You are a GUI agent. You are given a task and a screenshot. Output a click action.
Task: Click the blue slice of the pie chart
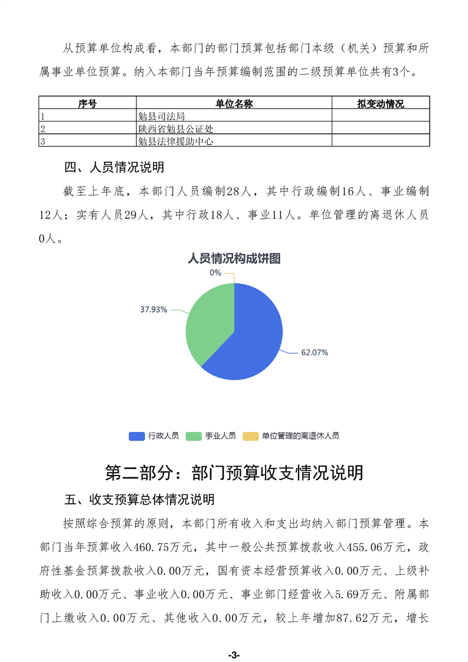pos(248,342)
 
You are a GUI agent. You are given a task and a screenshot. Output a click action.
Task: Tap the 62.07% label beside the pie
pos(314,352)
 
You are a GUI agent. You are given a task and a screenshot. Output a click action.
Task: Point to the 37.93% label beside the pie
pos(153,309)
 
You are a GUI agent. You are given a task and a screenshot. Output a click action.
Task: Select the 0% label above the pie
pos(215,273)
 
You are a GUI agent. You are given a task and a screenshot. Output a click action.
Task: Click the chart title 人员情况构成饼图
pos(234,258)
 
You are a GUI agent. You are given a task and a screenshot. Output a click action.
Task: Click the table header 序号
pos(87,104)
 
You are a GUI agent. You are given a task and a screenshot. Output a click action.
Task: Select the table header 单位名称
pos(234,104)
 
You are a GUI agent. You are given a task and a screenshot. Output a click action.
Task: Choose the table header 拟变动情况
pos(380,104)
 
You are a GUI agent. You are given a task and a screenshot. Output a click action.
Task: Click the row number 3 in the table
pos(42,141)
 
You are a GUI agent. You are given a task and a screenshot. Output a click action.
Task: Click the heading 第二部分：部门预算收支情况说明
pos(234,473)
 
